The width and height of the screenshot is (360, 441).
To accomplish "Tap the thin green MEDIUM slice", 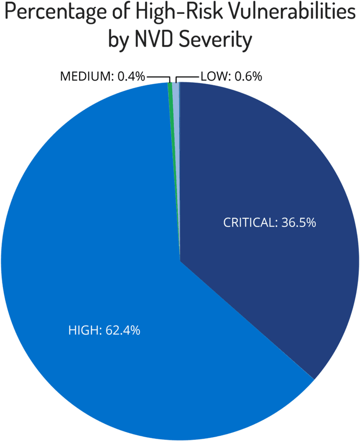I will click(x=170, y=85).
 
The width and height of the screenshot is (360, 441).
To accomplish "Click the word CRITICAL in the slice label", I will click(x=248, y=223).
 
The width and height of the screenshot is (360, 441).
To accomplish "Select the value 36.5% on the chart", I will click(x=297, y=223).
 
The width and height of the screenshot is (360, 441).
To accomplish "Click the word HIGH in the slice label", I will click(x=84, y=330).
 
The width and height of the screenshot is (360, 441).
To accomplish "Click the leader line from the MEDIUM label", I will click(x=158, y=76).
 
